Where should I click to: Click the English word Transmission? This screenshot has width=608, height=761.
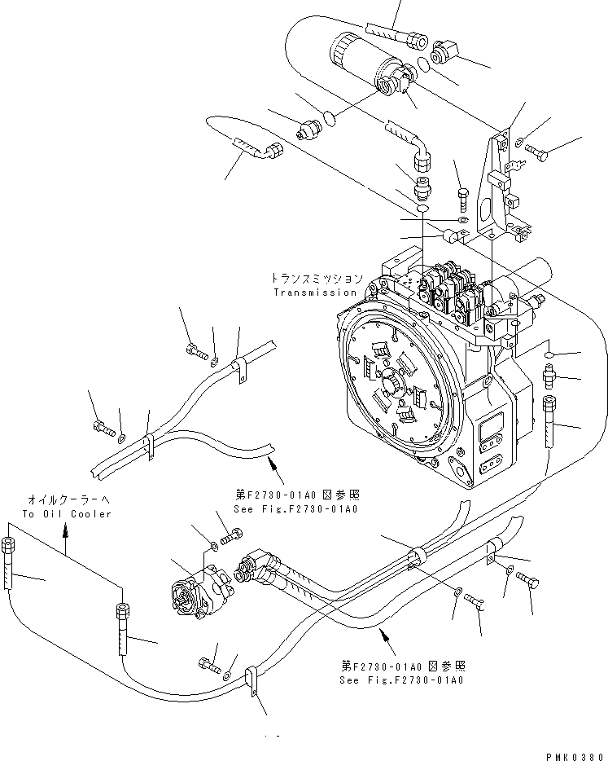click(315, 292)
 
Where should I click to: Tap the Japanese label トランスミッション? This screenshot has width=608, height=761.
click(317, 279)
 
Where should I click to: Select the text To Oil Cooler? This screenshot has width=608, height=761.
click(67, 514)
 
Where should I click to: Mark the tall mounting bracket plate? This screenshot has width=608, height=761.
click(498, 187)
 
